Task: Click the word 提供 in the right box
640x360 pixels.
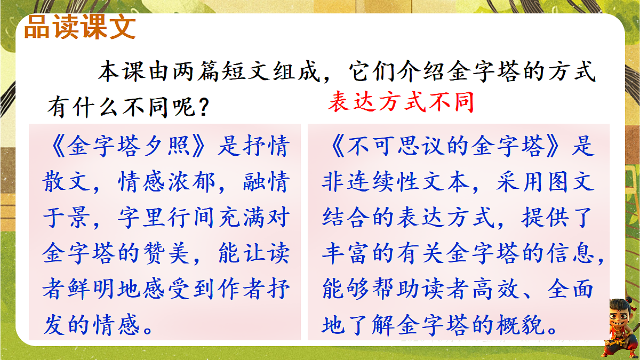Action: [545, 218]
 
